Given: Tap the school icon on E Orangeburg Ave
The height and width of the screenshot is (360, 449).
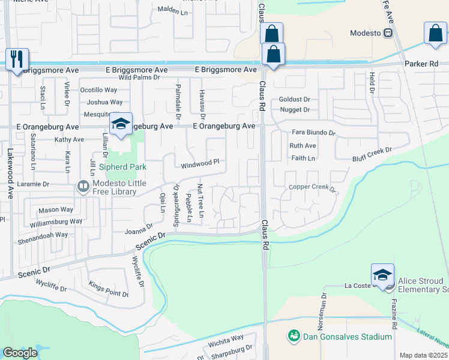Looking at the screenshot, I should [x=120, y=125].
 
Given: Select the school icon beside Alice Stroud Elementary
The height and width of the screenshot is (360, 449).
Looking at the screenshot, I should [x=382, y=274].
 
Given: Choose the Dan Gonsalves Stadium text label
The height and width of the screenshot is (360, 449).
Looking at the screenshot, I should [x=348, y=337].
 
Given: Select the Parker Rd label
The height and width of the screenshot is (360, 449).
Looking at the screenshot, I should [x=421, y=64].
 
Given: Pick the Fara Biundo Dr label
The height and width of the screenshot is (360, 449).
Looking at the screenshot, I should [x=313, y=132].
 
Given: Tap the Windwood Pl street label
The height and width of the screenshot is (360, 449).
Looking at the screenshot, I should [x=200, y=163].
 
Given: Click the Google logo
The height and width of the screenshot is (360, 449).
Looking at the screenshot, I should [x=20, y=353].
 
